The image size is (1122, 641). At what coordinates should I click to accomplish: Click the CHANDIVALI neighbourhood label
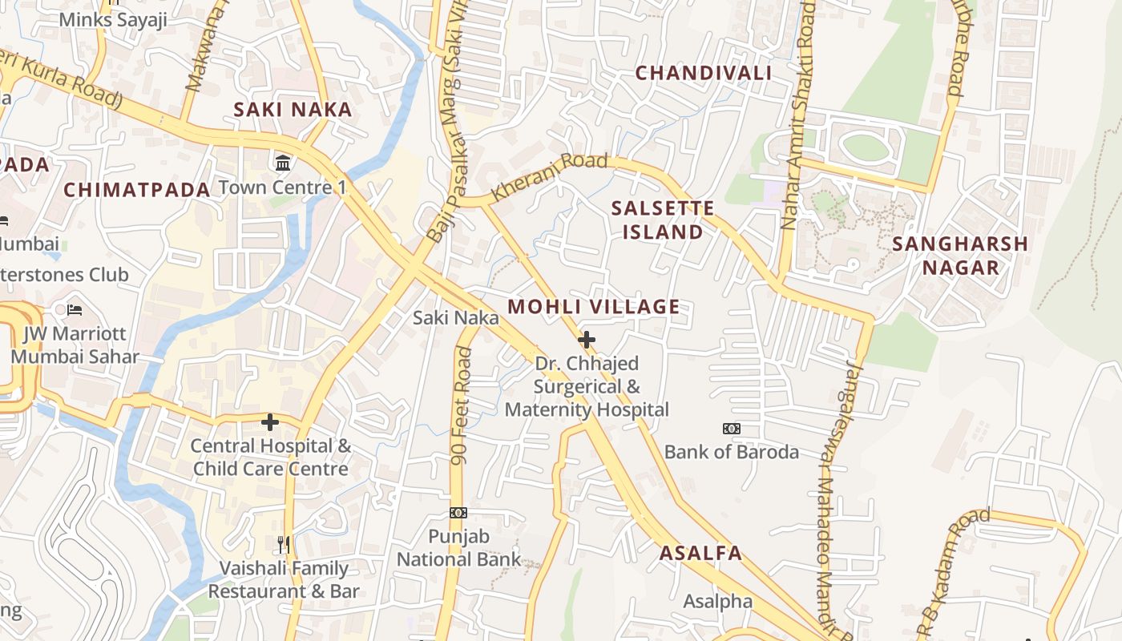[x=704, y=73]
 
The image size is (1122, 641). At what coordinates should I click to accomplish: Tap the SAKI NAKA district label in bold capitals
[x=293, y=110]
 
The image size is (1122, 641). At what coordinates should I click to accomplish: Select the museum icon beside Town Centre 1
[x=283, y=163]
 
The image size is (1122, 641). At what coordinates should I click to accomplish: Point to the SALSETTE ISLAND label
[x=662, y=220]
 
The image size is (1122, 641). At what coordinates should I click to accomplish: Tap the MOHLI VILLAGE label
[x=593, y=306]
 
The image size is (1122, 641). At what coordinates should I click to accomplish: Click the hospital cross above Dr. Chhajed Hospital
[x=587, y=340]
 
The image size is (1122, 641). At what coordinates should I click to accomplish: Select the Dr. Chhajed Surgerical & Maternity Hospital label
[x=587, y=387]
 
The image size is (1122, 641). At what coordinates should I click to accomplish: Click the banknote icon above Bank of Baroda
[x=731, y=429]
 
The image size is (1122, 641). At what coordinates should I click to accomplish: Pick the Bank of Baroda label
[x=731, y=452]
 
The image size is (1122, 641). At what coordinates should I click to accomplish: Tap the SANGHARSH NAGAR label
[x=960, y=256]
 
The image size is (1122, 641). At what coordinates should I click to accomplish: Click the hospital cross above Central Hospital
[x=270, y=421]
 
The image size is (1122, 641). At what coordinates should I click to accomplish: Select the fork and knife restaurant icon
[x=283, y=545]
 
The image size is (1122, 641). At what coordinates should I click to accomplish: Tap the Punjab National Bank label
[x=458, y=547]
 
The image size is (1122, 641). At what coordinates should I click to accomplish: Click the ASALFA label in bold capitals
[x=700, y=553]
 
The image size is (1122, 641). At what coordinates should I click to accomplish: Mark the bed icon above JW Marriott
[x=75, y=309]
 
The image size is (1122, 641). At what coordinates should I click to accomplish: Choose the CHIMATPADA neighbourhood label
[x=136, y=190]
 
